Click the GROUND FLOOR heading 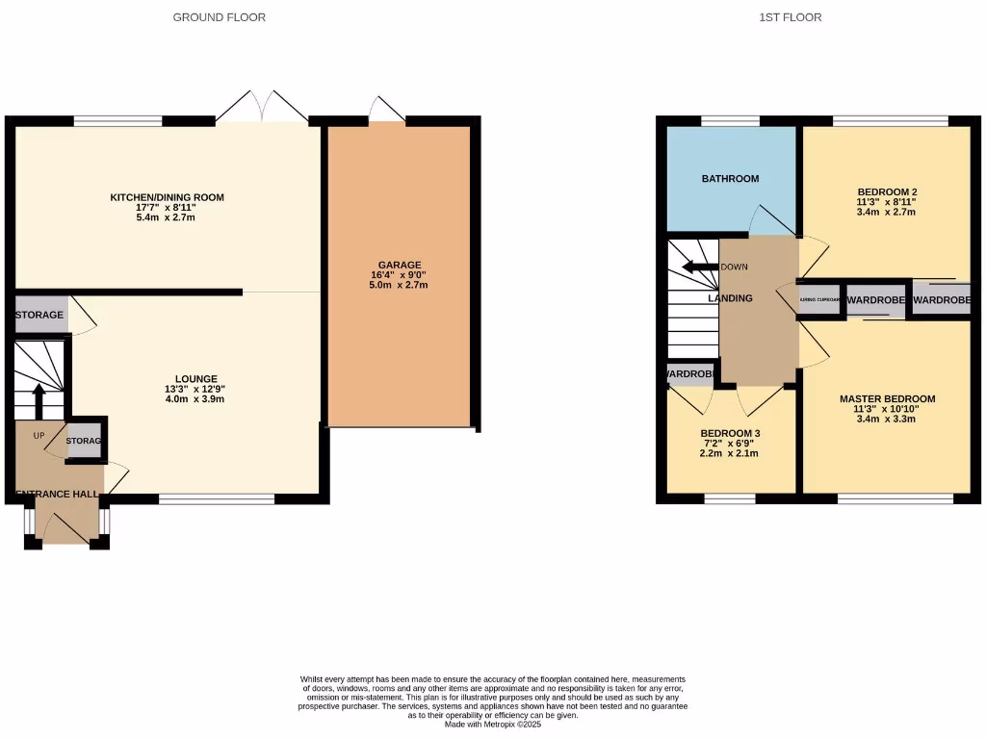tap(219, 17)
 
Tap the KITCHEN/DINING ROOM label tap(167, 197)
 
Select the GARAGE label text tap(399, 265)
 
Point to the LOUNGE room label tap(195, 378)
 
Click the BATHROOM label tap(730, 179)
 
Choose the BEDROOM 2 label tap(886, 191)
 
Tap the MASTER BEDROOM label tap(886, 398)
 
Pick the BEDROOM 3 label tap(730, 432)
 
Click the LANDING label tap(730, 298)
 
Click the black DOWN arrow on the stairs tap(697, 268)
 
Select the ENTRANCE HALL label tap(57, 495)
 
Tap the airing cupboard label tap(820, 300)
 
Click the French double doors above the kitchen tap(262, 107)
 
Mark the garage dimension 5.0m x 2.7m tap(399, 285)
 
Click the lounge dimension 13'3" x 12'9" tap(195, 389)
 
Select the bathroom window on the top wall tap(729, 121)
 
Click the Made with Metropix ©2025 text tap(493, 725)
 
